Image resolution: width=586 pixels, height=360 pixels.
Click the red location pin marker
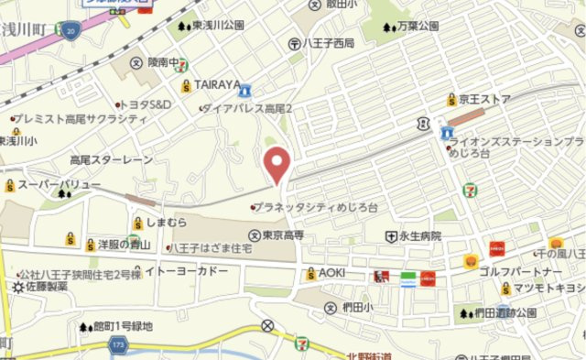coord(277,165)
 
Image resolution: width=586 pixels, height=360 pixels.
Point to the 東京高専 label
coord(282,235)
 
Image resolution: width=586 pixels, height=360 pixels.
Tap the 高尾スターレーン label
coord(112,159)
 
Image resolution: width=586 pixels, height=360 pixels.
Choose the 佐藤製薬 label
coord(46,287)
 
